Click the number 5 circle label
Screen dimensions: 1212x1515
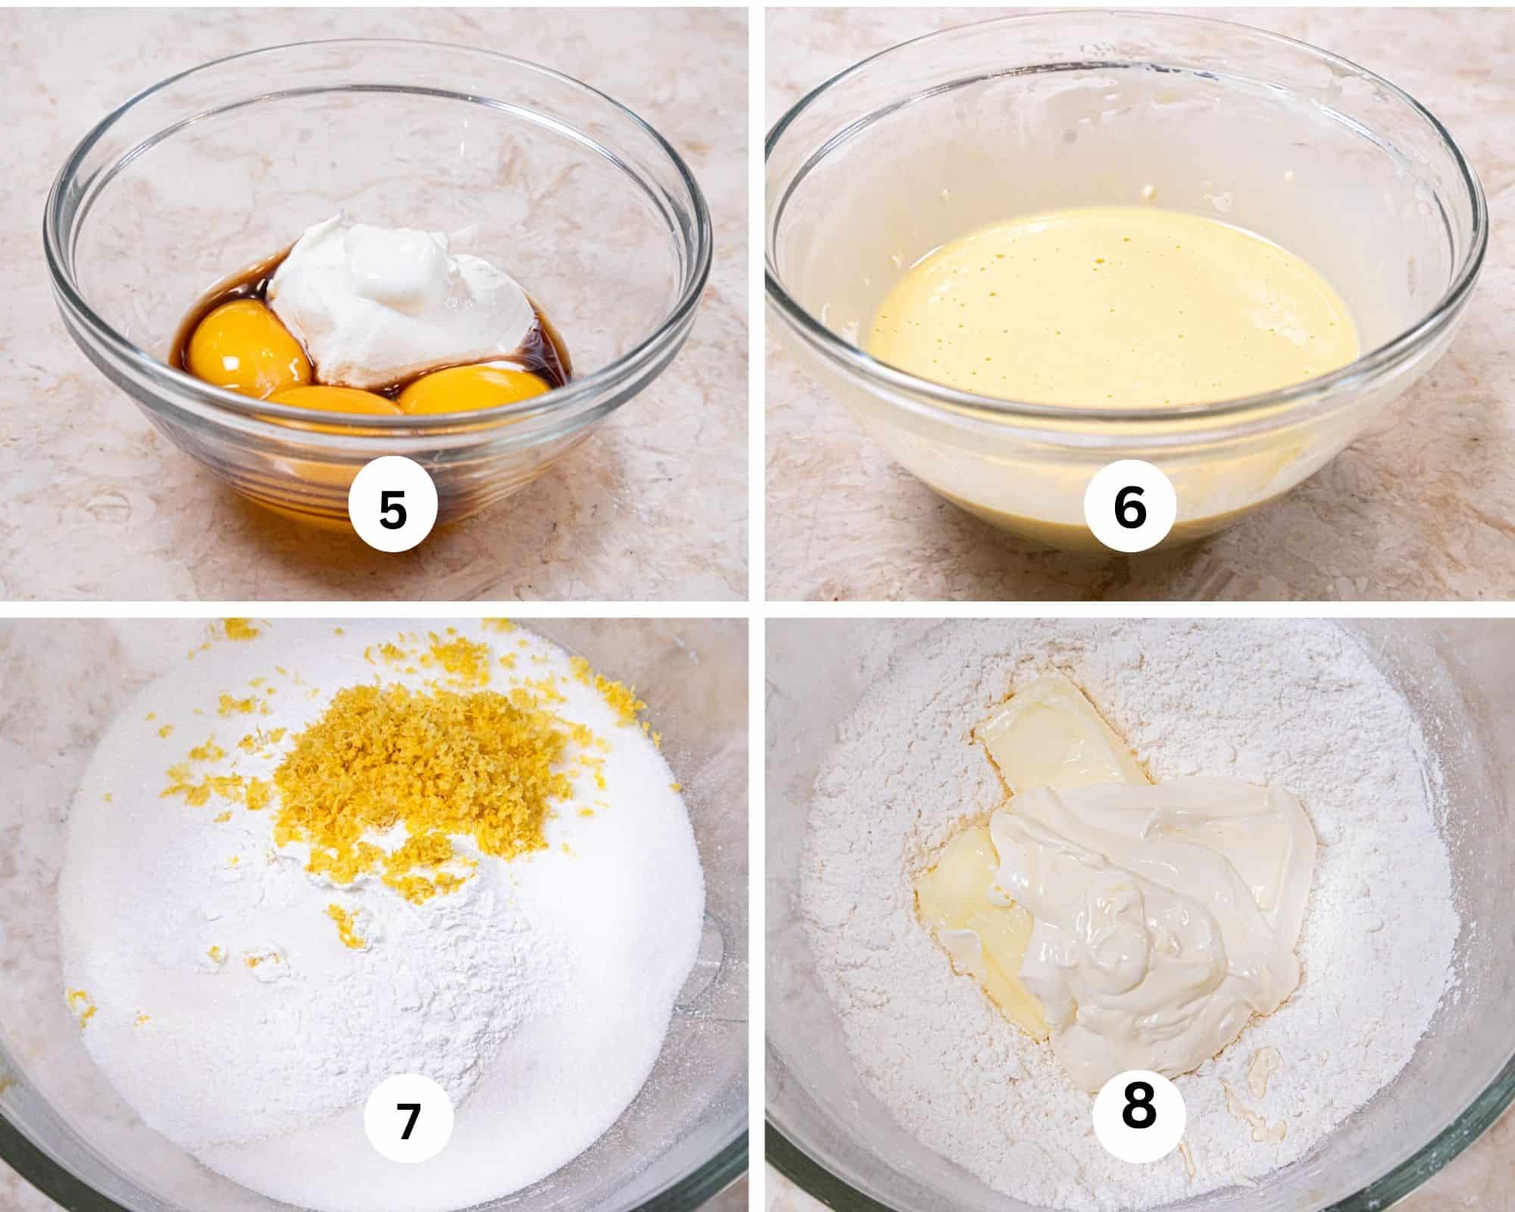392,509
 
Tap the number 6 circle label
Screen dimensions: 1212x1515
1129,509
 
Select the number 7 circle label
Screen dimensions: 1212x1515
408,1122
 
